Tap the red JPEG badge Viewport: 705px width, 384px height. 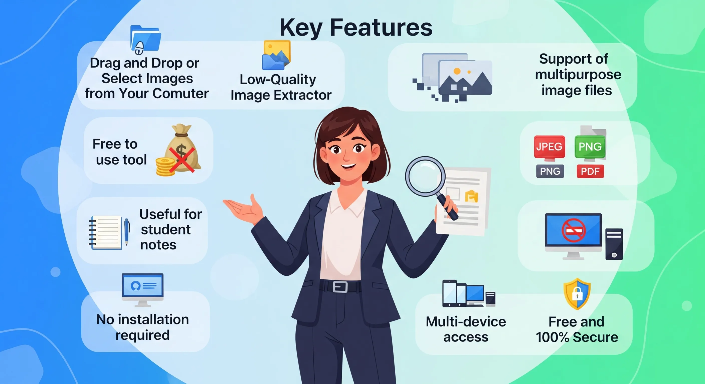point(549,147)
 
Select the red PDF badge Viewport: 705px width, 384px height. point(590,172)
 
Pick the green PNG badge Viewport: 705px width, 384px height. point(590,147)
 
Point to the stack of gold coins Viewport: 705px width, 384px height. point(165,167)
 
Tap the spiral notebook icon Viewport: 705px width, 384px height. point(106,232)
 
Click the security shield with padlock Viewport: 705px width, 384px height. point(577,294)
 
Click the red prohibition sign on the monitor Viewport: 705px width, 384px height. point(574,230)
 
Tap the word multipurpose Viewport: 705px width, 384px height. point(578,75)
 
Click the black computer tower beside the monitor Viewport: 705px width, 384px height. point(614,244)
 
